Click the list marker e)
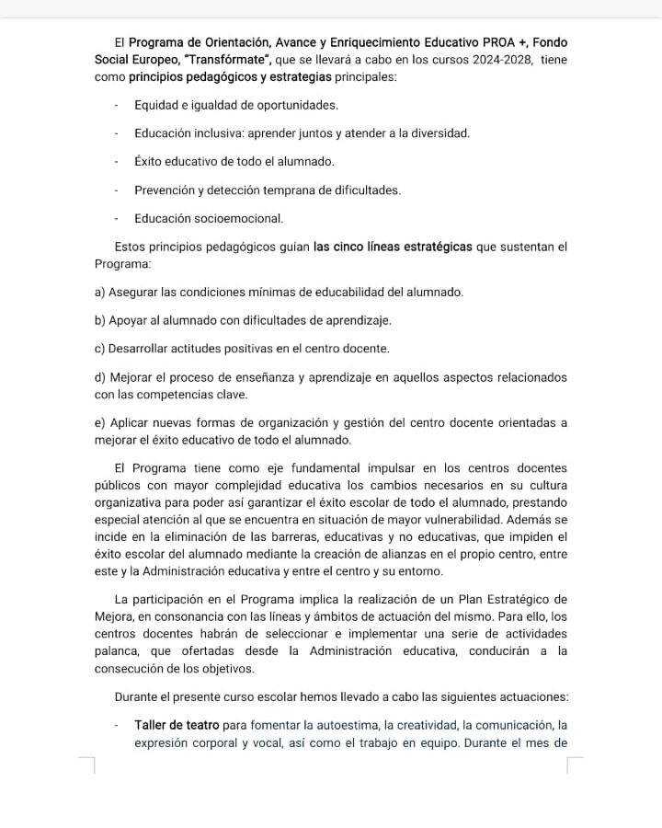point(100,423)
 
